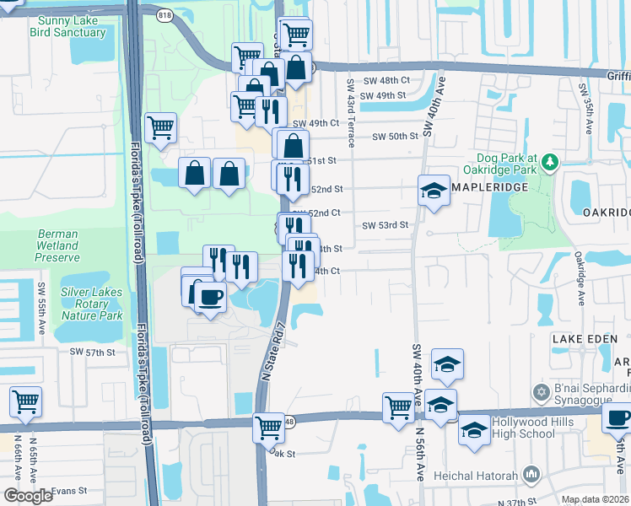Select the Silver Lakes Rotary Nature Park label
click(91, 304)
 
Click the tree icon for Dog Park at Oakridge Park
click(549, 160)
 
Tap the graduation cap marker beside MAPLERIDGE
click(434, 190)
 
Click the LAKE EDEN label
click(580, 338)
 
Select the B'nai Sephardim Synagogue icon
click(542, 391)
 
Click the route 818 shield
click(164, 12)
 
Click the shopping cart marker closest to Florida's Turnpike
click(160, 127)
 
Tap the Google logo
click(28, 495)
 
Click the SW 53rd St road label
click(386, 225)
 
